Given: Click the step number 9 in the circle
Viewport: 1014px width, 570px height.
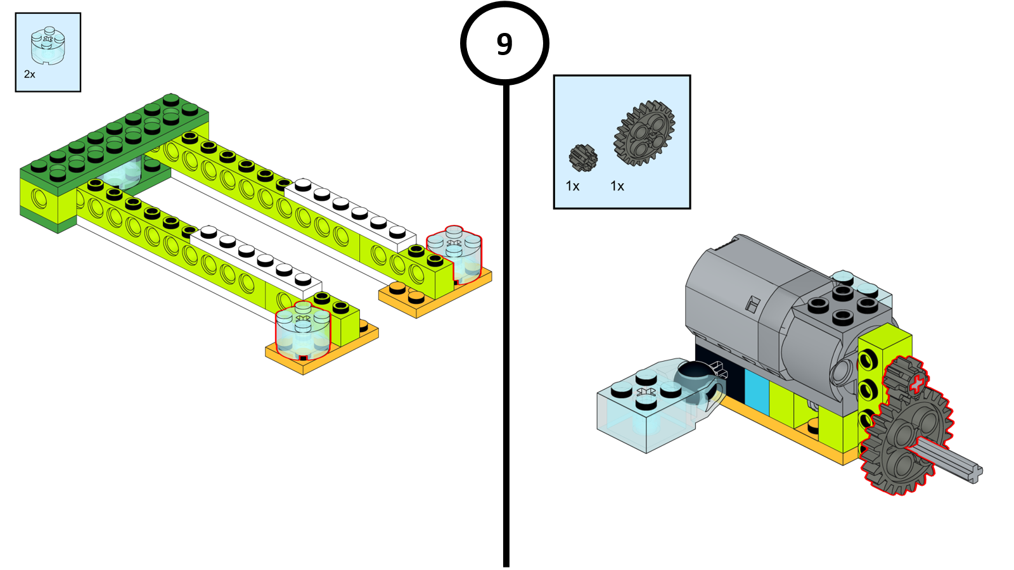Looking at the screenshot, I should click(504, 44).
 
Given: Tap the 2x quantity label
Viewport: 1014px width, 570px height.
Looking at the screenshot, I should click(30, 75).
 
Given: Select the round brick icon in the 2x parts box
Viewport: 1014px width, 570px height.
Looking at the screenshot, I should click(48, 46).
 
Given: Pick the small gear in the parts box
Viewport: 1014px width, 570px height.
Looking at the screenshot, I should click(583, 158).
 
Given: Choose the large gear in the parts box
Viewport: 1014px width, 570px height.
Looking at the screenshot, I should click(644, 134).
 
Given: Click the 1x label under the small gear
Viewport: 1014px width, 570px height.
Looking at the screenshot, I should click(573, 186).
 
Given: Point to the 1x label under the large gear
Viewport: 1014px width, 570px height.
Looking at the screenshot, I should click(617, 186).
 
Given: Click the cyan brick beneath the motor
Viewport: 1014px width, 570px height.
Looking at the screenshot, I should click(756, 390).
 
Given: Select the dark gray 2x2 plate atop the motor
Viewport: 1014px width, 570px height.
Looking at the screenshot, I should click(843, 307).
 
